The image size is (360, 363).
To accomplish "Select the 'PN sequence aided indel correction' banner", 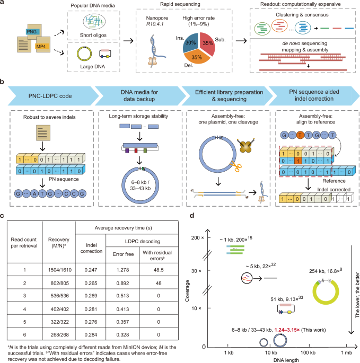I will tap(309, 99).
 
